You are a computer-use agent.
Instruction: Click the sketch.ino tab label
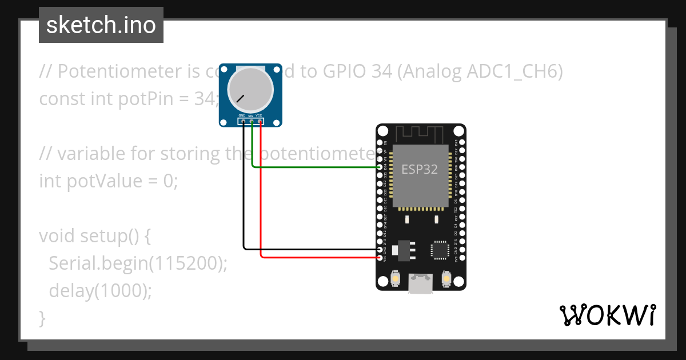click(x=101, y=25)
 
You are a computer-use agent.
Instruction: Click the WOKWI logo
click(x=607, y=315)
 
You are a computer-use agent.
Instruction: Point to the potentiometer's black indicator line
click(x=241, y=99)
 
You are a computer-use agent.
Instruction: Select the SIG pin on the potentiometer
click(x=252, y=121)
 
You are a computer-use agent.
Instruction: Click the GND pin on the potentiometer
click(x=243, y=121)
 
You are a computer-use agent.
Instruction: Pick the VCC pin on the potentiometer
click(x=260, y=121)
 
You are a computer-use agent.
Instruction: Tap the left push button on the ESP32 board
click(x=394, y=279)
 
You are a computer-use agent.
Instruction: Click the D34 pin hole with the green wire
click(x=381, y=167)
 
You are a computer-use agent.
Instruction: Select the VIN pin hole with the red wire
click(x=381, y=258)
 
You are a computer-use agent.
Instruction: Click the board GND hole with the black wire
click(x=381, y=249)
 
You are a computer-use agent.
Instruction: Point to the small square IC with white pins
click(x=440, y=249)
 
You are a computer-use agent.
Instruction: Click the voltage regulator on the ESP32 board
click(x=405, y=249)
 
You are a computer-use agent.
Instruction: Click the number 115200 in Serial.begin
click(x=189, y=263)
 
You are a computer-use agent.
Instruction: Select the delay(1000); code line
click(x=101, y=290)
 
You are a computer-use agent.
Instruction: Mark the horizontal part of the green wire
click(x=314, y=167)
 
